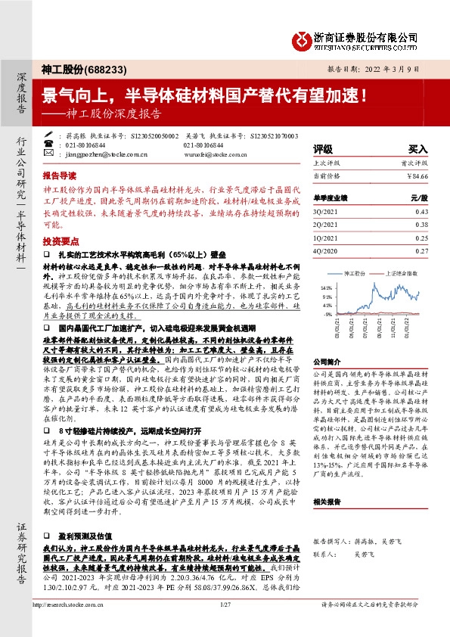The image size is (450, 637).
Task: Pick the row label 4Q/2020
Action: tap(325, 250)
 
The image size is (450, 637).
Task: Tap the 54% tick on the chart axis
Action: tap(327, 287)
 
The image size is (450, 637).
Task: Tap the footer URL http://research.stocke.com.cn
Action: tap(70, 626)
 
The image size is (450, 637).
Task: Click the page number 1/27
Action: tap(225, 626)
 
